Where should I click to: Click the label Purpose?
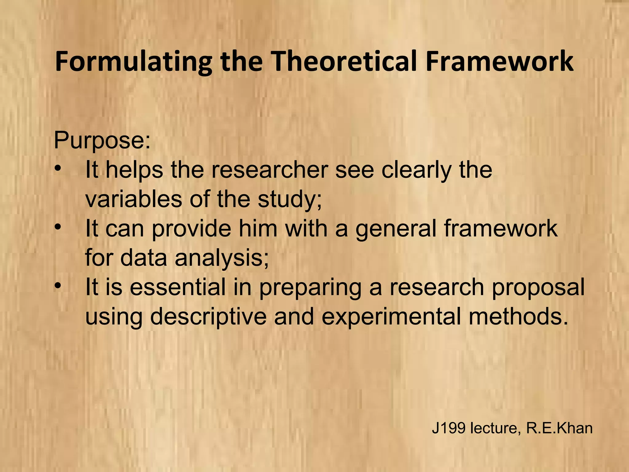point(102,141)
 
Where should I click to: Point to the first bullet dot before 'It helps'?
point(57,169)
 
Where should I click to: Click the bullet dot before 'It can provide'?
point(57,228)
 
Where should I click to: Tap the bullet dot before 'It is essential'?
point(57,287)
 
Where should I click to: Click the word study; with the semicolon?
point(290,200)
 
